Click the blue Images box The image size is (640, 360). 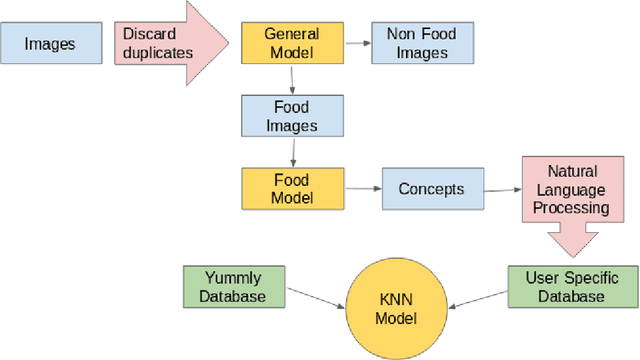(49, 44)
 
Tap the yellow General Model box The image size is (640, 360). (291, 44)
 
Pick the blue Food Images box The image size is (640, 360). (291, 116)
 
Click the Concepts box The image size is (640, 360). (430, 188)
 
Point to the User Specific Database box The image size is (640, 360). (571, 286)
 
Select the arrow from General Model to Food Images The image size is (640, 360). (291, 80)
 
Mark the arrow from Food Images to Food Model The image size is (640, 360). (291, 152)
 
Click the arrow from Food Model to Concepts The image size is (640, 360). (362, 188)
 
